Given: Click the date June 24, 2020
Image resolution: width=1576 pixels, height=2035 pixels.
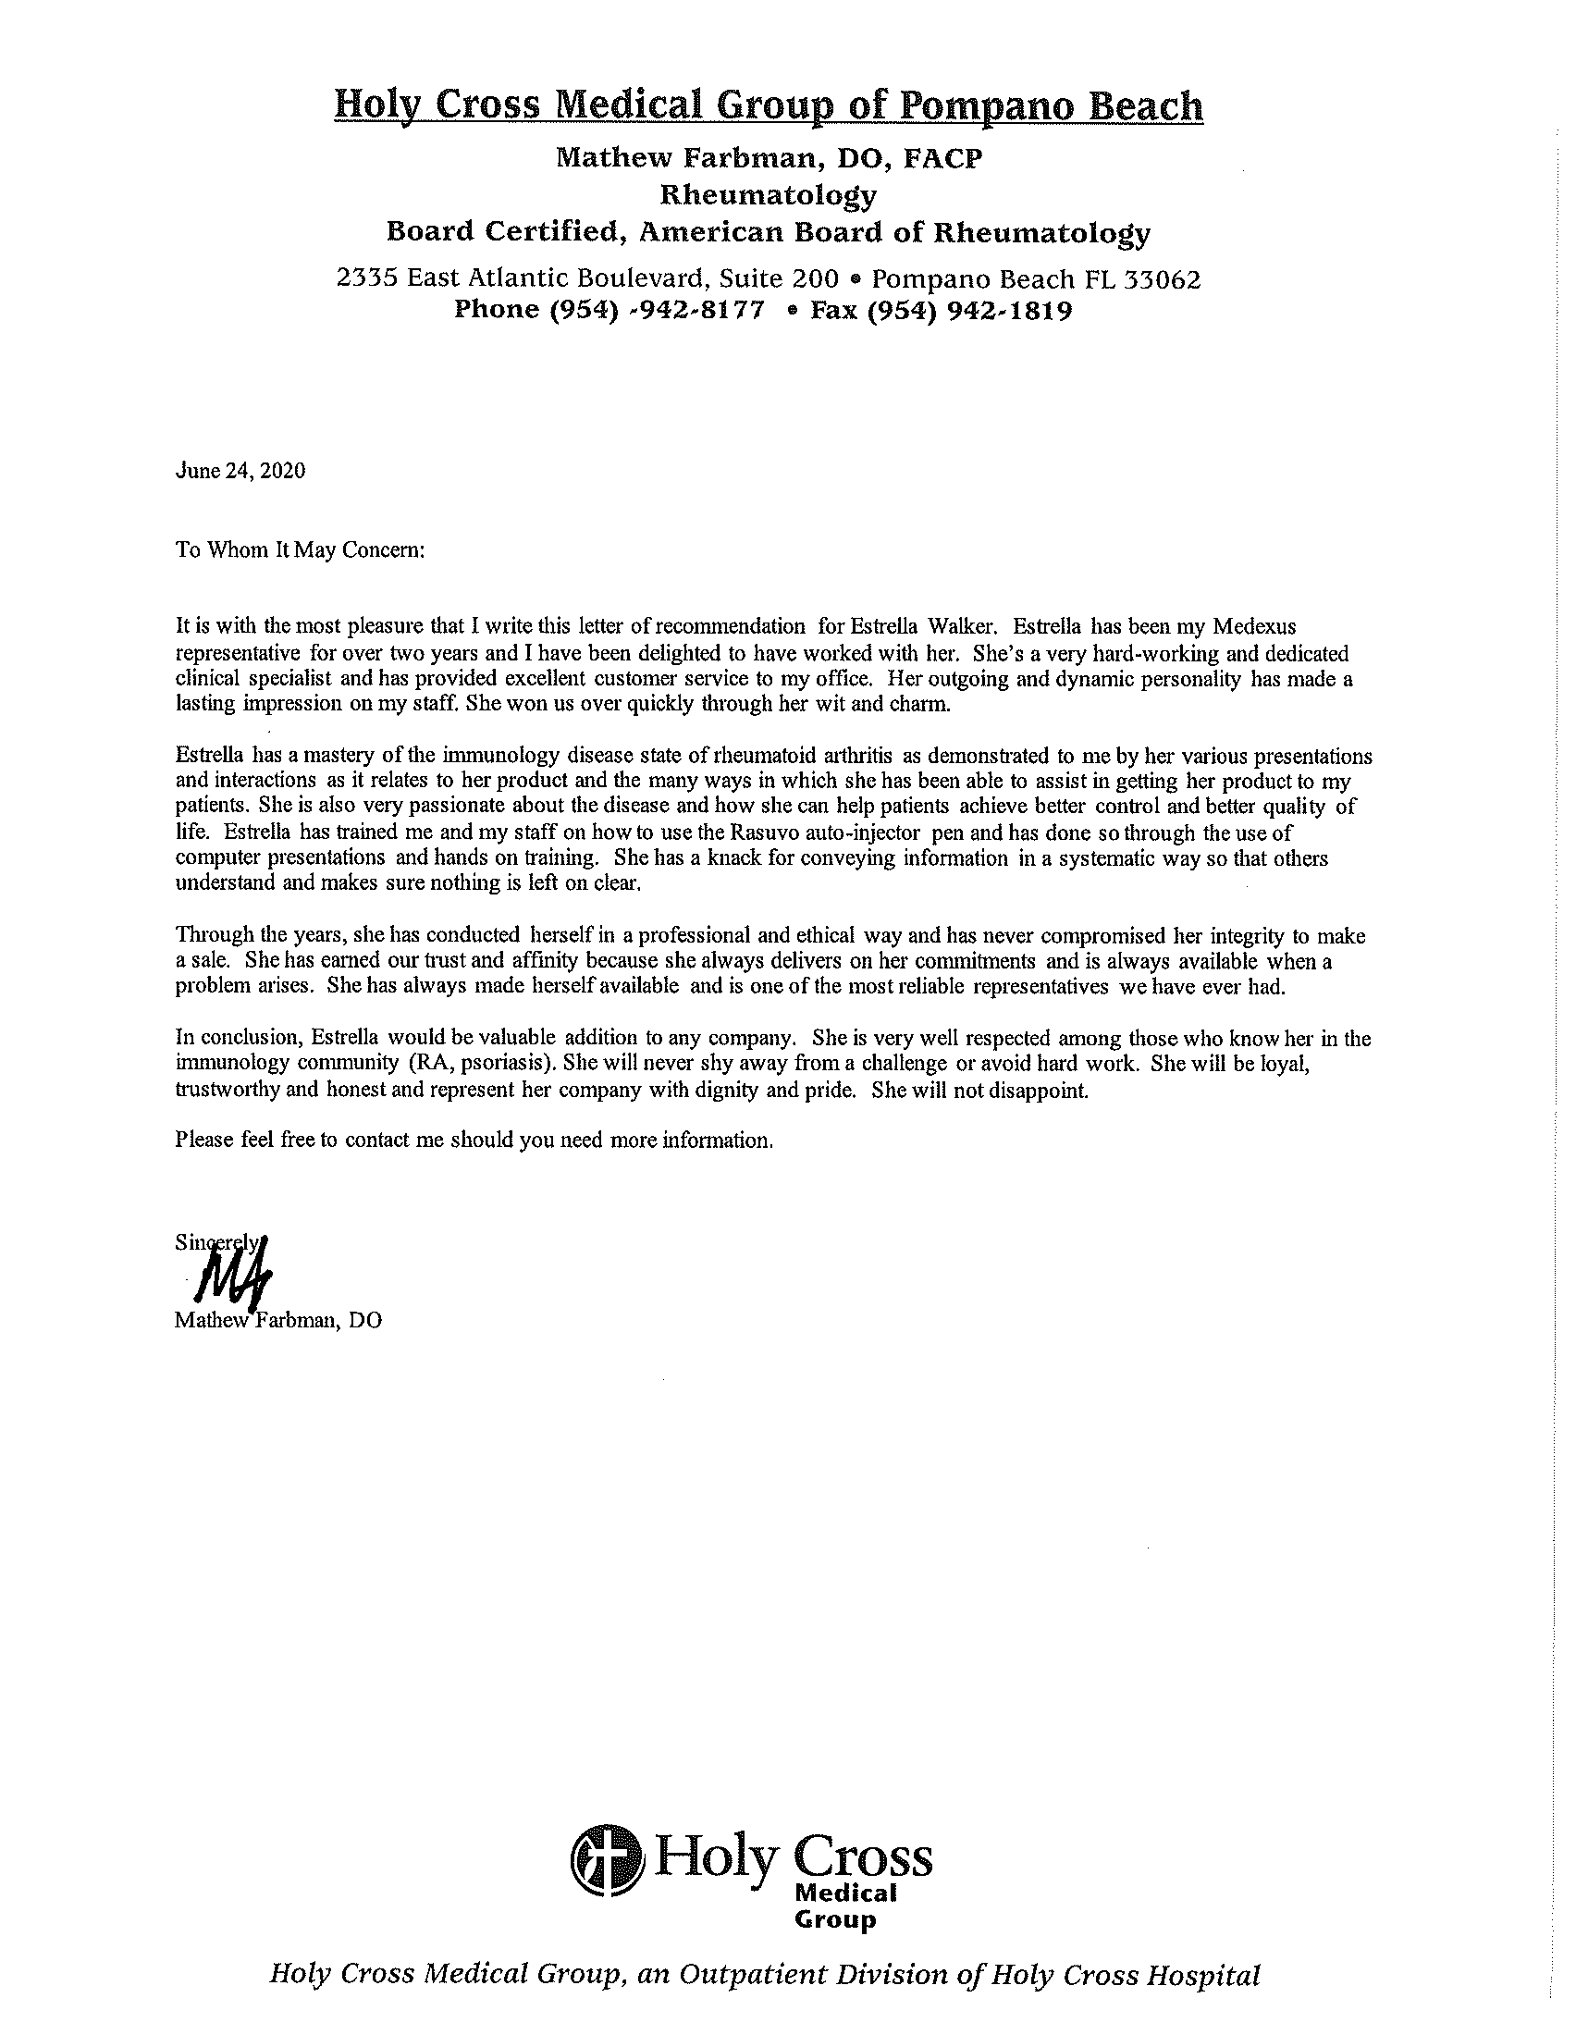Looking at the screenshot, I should [x=240, y=472].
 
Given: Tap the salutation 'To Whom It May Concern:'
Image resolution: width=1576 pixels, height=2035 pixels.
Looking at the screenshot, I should [x=300, y=549].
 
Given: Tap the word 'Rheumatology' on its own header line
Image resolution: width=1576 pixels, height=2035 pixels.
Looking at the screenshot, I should [x=769, y=196].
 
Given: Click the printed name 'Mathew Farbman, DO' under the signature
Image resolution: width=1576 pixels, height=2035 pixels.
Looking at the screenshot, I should [x=278, y=1321].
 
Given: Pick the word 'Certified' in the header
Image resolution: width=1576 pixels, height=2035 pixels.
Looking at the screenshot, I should [x=553, y=232].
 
